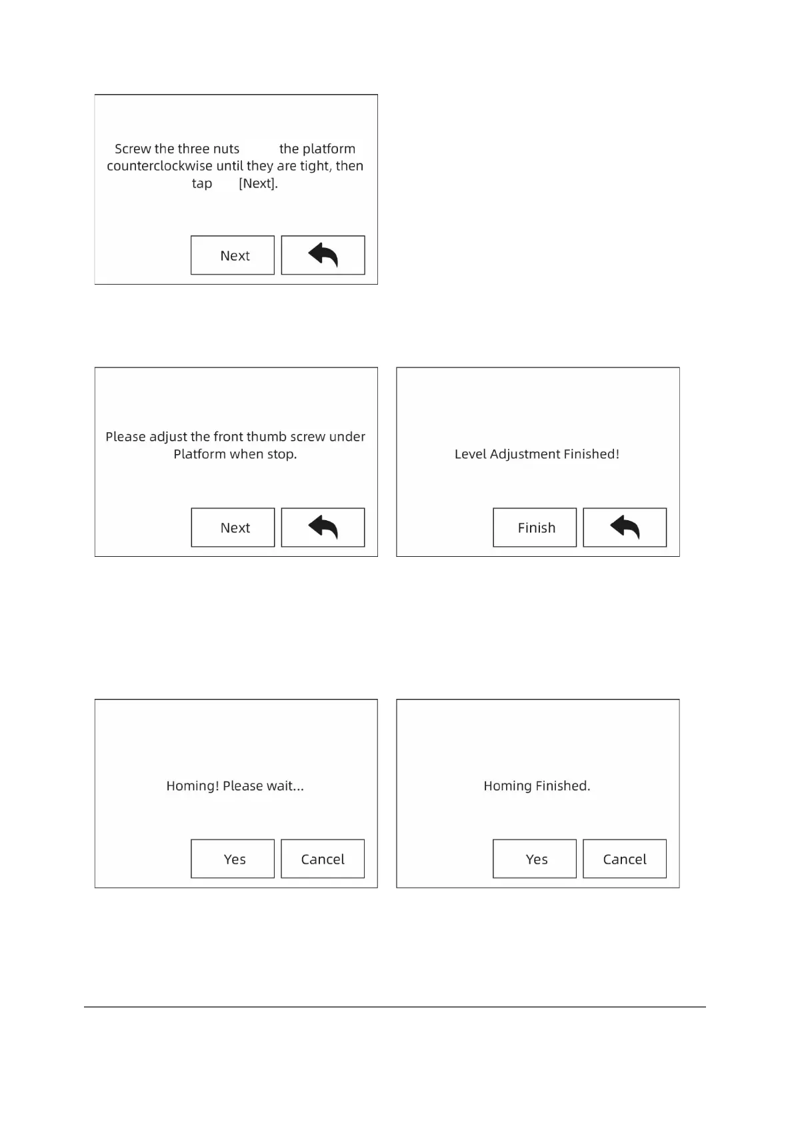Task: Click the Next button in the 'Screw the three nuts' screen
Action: point(233,255)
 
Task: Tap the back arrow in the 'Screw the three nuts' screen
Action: point(323,255)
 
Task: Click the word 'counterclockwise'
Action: point(159,166)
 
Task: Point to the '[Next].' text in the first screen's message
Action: point(258,183)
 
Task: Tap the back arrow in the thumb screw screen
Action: point(323,527)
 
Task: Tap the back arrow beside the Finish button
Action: point(625,527)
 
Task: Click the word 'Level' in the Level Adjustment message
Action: point(471,454)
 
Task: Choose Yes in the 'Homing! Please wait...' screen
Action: point(233,859)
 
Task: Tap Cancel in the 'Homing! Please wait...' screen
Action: point(323,859)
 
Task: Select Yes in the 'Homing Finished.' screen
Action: point(535,859)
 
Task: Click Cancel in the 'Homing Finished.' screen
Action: point(625,859)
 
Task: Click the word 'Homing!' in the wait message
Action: point(193,786)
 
